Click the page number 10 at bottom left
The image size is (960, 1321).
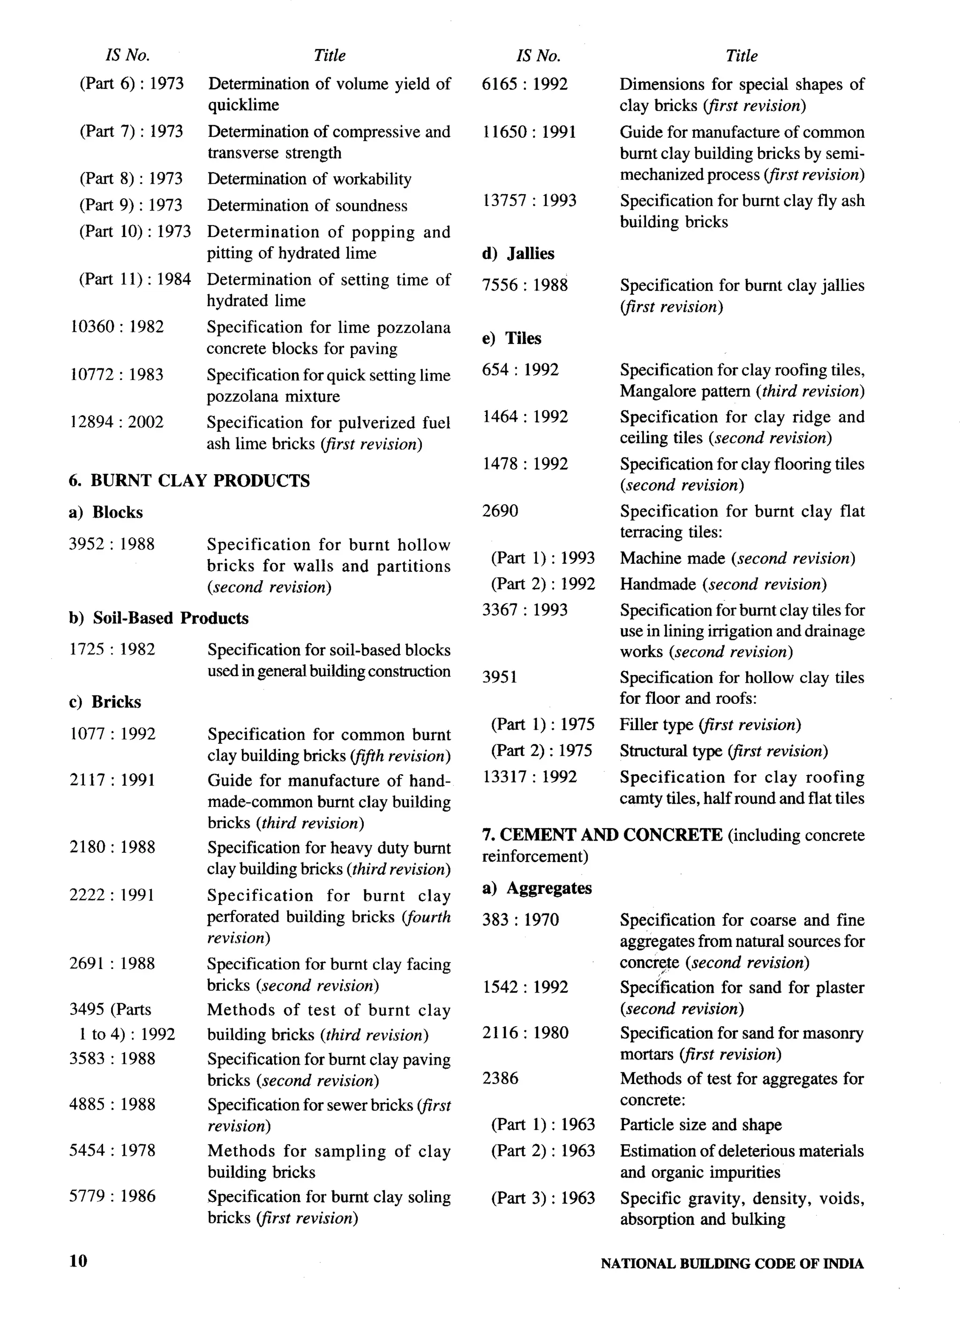pos(78,1261)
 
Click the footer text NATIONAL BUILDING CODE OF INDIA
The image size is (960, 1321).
pos(732,1263)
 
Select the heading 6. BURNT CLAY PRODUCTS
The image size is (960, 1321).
pos(189,480)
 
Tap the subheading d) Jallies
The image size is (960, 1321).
pos(518,254)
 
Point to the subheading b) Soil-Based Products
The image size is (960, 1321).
pos(158,618)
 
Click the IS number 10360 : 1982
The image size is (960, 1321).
pos(117,327)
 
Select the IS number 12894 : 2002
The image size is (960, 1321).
pos(117,422)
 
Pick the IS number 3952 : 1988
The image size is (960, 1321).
pos(112,544)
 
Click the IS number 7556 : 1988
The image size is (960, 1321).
pos(524,285)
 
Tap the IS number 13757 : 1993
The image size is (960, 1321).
pos(529,201)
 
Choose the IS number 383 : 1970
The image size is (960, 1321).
pos(520,920)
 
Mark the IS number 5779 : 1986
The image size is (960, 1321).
pos(112,1196)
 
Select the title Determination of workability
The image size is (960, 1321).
pos(309,179)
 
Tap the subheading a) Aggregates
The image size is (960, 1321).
pos(537,888)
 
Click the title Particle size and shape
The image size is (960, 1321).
pos(700,1124)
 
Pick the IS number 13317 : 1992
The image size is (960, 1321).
pos(529,776)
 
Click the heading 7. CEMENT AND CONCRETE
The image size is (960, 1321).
pos(602,835)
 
